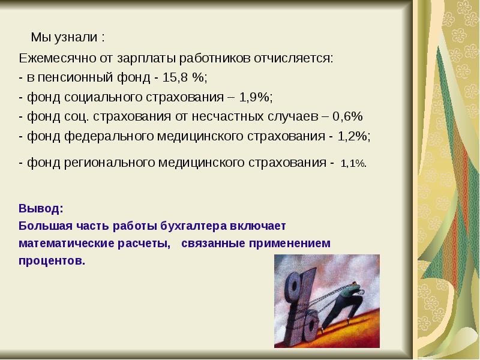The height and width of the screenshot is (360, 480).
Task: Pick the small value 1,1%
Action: [353, 163]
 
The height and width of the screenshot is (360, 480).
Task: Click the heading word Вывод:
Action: [40, 209]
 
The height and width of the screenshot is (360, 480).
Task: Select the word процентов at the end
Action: [52, 261]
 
